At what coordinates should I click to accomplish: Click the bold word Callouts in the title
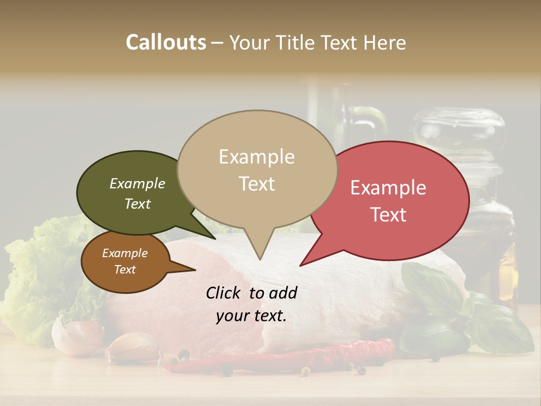pyautogui.click(x=166, y=42)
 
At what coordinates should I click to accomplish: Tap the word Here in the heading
pyautogui.click(x=385, y=42)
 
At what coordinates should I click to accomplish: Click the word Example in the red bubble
pyautogui.click(x=388, y=188)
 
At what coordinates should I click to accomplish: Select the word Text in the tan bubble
pyautogui.click(x=257, y=184)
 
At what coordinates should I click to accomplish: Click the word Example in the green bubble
pyautogui.click(x=138, y=184)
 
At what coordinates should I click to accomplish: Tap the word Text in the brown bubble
pyautogui.click(x=125, y=270)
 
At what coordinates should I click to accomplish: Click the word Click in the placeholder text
pyautogui.click(x=223, y=293)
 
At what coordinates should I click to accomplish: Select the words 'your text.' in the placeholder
pyautogui.click(x=251, y=316)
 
